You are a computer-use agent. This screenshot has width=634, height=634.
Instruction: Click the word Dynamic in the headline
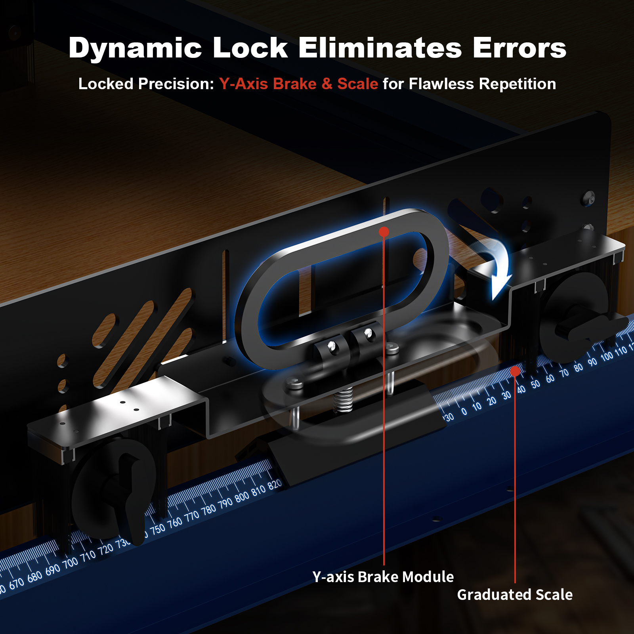coord(135,48)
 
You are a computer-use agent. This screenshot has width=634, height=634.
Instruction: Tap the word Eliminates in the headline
coord(380,48)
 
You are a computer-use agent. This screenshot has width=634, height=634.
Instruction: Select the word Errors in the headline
coord(519,48)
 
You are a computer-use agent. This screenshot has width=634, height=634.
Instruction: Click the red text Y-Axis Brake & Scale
coord(299,84)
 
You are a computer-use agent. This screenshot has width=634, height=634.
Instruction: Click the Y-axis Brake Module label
coord(383,577)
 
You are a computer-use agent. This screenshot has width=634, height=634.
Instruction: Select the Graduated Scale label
coord(515,595)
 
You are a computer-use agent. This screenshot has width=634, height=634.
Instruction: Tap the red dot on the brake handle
coord(384,232)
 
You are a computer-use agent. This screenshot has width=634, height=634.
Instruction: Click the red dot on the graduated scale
coord(515,371)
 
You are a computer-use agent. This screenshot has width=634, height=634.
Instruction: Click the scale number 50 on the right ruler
coord(536,384)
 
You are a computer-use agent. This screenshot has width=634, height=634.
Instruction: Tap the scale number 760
coord(175,523)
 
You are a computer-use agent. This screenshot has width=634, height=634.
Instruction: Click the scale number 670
coord(17,583)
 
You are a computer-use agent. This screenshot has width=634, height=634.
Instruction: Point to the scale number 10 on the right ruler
coord(477,407)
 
